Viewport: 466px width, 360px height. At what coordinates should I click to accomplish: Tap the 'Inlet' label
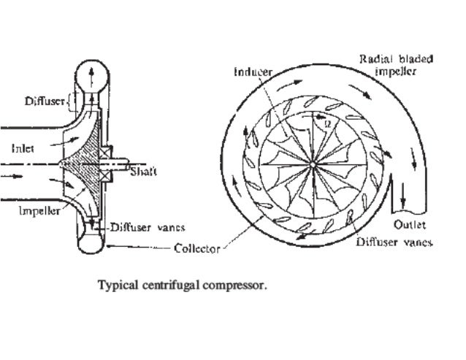pos(24,147)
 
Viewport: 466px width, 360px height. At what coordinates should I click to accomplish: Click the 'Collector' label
pos(196,248)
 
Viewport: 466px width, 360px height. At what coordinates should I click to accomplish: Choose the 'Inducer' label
pos(251,72)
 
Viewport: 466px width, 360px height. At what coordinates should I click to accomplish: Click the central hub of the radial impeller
pos(313,166)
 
